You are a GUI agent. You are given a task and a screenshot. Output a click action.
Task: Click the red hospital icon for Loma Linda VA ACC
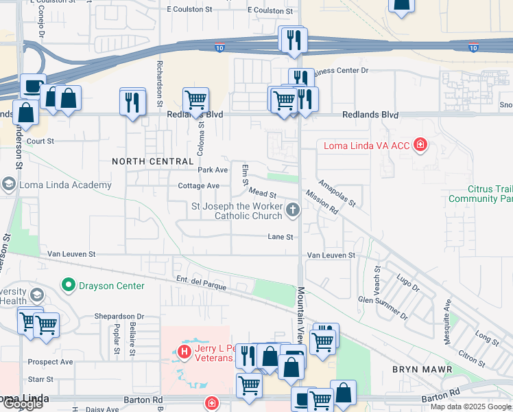click(x=420, y=145)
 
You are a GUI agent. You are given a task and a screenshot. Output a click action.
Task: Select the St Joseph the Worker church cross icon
click(x=293, y=210)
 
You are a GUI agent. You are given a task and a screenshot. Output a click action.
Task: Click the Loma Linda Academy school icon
click(x=8, y=185)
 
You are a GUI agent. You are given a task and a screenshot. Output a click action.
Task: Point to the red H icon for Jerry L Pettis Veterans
click(x=183, y=352)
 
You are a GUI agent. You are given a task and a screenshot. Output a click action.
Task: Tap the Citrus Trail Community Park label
click(x=480, y=194)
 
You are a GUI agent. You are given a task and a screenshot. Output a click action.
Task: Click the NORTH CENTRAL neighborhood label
click(x=153, y=161)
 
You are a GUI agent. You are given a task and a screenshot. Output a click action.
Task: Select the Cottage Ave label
click(x=198, y=186)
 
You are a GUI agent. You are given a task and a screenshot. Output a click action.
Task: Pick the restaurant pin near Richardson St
click(x=132, y=102)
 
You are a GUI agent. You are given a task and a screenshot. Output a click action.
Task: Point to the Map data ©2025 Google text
click(x=470, y=407)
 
